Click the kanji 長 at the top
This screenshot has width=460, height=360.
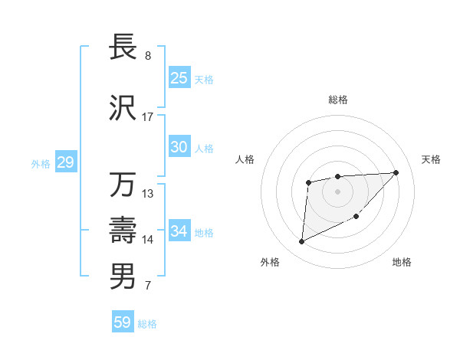[123, 48]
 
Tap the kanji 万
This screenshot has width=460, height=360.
[123, 186]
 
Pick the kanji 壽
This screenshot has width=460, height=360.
[123, 231]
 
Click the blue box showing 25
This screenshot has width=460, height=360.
[179, 78]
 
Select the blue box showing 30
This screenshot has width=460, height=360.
[179, 147]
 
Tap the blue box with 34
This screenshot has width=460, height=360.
[179, 231]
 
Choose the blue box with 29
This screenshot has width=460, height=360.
[65, 162]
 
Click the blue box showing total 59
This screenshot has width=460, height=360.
[123, 322]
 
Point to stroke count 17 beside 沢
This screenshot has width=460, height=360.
[148, 117]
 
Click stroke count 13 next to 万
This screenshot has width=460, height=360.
[148, 194]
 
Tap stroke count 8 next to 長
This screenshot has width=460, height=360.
[148, 56]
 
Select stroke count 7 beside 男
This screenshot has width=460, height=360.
[148, 286]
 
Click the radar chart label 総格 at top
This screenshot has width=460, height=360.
[337, 100]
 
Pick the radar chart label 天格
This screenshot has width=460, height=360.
[431, 159]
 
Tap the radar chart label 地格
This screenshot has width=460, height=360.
[402, 263]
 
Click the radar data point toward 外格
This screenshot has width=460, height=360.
[301, 242]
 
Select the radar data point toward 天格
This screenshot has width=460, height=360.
[396, 172]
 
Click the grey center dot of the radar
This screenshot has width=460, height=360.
[337, 191]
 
